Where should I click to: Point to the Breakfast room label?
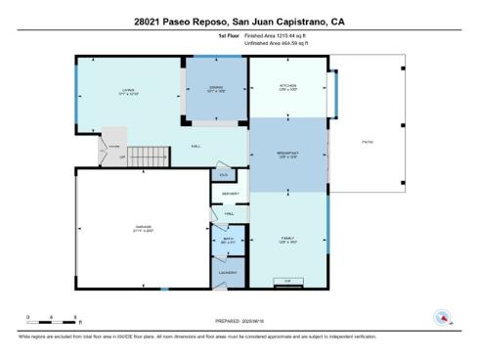pyautogui.click(x=288, y=155)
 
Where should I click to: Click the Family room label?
pyautogui.click(x=288, y=237)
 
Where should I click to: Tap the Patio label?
pyautogui.click(x=368, y=143)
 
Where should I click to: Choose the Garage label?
pyautogui.click(x=144, y=229)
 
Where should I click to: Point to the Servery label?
pyautogui.click(x=231, y=194)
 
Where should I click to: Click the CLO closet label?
pyautogui.click(x=223, y=175)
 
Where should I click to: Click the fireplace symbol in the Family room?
pyautogui.click(x=287, y=281)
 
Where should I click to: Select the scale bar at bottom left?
pyautogui.click(x=55, y=319)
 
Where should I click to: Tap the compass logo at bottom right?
pyautogui.click(x=444, y=317)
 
